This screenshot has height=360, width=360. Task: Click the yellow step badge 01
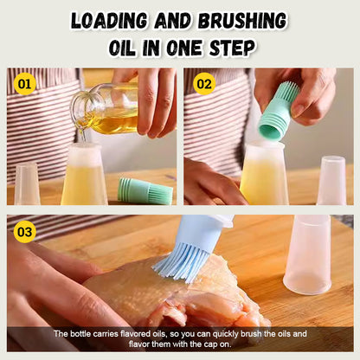pos(24,84)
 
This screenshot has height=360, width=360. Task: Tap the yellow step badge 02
pos(204,84)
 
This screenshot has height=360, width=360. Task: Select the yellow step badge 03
pos(25,232)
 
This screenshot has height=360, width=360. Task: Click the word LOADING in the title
pos(109,21)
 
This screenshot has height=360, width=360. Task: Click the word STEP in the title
pos(232,48)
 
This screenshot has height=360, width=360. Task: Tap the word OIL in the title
pos(122,48)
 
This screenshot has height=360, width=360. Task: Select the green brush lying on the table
pos(145,191)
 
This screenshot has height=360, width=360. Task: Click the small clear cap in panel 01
pos(27,184)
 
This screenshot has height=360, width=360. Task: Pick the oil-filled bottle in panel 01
pos(84,175)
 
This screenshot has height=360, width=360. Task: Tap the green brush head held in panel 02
pos(279,112)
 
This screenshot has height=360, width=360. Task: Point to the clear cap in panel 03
pos(307,254)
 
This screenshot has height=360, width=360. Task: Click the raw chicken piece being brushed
pos(176,294)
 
